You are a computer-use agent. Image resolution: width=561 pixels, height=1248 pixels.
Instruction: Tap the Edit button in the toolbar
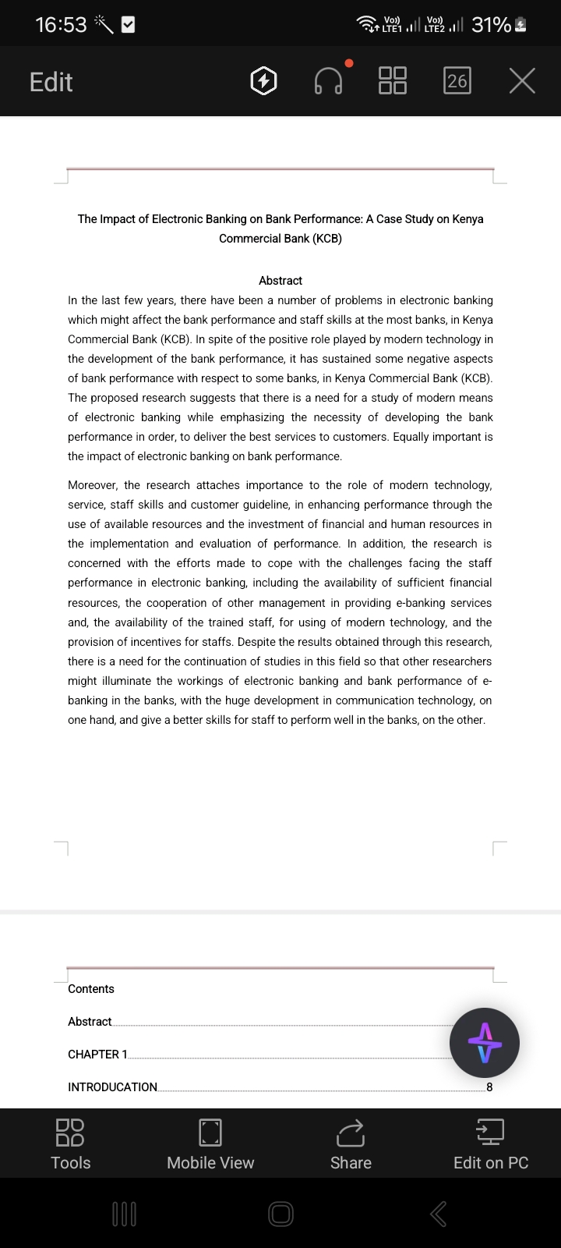51,82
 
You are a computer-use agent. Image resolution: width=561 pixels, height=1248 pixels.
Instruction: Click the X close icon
522,80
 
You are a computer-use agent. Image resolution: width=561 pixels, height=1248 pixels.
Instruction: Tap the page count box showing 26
457,80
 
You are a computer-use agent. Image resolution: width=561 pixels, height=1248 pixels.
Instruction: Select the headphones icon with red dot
329,80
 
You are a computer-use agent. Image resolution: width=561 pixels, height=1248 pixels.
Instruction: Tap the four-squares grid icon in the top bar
392,80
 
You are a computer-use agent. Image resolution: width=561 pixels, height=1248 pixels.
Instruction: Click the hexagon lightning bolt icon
263,81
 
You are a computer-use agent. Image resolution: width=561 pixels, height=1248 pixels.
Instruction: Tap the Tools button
70,1143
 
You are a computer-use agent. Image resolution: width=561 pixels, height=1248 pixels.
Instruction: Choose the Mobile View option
210,1143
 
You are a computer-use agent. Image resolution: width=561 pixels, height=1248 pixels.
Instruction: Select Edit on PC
491,1143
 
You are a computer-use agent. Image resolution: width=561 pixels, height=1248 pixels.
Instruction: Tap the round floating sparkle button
485,1043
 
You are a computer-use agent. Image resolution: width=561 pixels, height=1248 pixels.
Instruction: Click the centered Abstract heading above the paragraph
280,281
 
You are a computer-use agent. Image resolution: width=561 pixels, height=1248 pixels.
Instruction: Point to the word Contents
91,989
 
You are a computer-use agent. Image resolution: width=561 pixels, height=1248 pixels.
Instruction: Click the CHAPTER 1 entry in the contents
97,1055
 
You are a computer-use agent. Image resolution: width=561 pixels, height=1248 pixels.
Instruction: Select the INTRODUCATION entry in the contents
112,1087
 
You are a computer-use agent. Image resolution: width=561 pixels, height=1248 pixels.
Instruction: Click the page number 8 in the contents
489,1087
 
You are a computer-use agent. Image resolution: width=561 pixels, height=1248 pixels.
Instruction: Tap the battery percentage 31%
491,25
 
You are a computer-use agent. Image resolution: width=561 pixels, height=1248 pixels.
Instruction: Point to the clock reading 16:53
61,25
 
